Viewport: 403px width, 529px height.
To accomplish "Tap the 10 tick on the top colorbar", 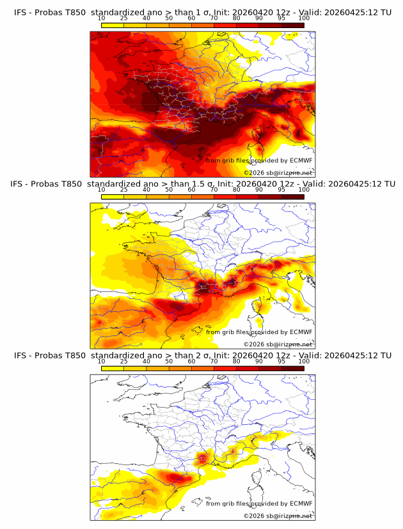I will tap(102, 18).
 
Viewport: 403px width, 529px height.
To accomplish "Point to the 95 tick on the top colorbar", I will tap(281, 18).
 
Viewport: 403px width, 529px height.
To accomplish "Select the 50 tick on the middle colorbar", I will tap(169, 190).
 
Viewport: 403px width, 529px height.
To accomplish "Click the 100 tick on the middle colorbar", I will tap(304, 190).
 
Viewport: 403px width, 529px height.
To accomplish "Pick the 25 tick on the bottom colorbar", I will tap(124, 361).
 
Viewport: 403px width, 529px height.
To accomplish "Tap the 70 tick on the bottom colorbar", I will tap(214, 361).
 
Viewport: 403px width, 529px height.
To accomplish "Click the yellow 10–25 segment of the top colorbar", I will tap(113, 25).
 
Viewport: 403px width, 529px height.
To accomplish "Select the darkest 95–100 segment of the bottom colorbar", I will tap(292, 368).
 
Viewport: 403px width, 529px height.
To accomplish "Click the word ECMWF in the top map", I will tap(301, 160).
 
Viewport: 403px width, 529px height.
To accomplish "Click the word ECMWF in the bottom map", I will tap(301, 503).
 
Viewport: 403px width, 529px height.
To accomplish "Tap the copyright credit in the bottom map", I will tap(278, 516).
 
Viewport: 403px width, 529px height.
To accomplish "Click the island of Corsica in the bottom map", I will tap(258, 477).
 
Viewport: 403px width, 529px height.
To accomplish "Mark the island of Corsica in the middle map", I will tap(258, 305).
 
